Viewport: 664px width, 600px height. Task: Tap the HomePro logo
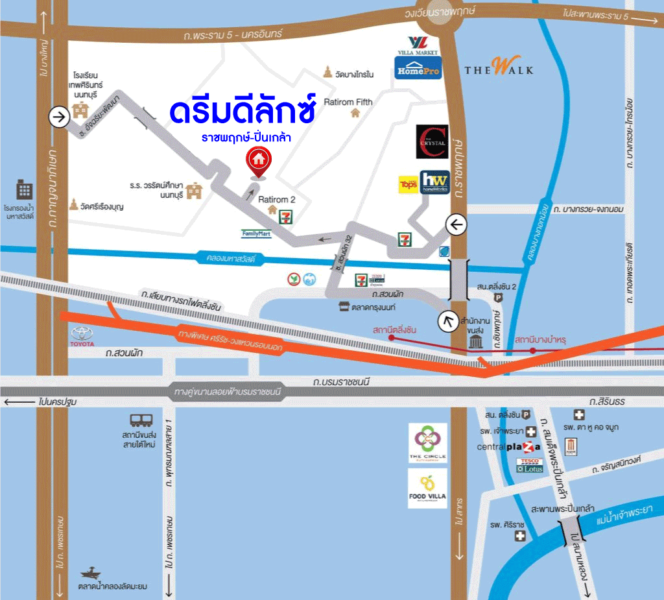click(x=418, y=67)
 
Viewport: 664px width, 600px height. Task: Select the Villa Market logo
click(x=418, y=45)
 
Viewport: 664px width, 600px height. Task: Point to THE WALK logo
click(x=499, y=67)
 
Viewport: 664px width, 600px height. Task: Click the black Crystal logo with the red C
click(x=432, y=141)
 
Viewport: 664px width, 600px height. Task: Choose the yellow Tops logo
click(x=408, y=184)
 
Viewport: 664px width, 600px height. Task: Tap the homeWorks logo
click(x=434, y=182)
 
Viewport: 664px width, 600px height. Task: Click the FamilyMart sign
click(x=256, y=234)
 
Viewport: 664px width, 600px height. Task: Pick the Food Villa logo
click(x=427, y=488)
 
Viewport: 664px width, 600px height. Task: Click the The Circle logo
click(x=427, y=443)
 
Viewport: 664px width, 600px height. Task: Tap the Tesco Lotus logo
click(x=529, y=465)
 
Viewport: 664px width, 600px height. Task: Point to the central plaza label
click(x=508, y=447)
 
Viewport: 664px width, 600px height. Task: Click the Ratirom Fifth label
click(x=348, y=102)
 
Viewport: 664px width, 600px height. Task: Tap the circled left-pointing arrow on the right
click(x=456, y=224)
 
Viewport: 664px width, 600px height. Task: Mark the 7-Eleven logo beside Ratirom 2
click(x=285, y=217)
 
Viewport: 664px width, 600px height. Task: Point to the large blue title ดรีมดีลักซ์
click(x=243, y=111)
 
